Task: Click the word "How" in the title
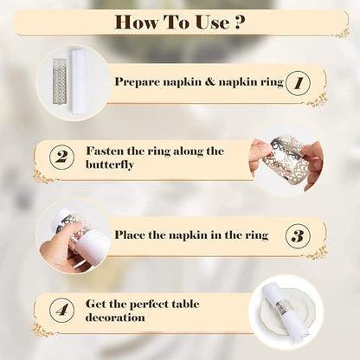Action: coord(137,22)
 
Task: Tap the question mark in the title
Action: coord(240,22)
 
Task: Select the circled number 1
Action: coord(299,83)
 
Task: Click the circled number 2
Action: coord(61,157)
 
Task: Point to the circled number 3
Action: coord(299,236)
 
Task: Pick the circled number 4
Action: coord(61,311)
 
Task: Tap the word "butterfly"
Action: coord(110,165)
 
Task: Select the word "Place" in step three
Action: coord(130,235)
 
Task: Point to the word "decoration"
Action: coord(115,318)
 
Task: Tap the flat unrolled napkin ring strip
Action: coord(60,80)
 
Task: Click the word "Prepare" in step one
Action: coord(137,82)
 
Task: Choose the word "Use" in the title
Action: coord(213,22)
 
